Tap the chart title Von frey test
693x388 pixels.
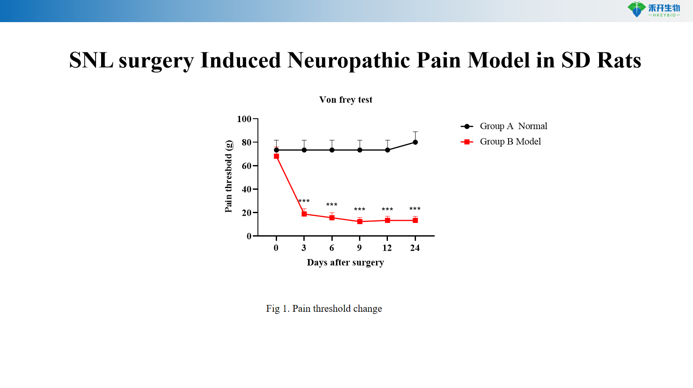click(x=345, y=100)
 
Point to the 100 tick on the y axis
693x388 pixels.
click(x=244, y=119)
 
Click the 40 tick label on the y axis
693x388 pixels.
click(x=246, y=189)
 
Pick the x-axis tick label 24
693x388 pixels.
click(x=415, y=248)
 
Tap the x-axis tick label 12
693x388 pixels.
click(x=387, y=248)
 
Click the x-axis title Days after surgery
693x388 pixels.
click(x=345, y=262)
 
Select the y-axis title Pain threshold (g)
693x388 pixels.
click(x=229, y=176)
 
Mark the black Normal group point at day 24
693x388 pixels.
click(x=415, y=142)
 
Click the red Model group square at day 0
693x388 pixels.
click(x=277, y=156)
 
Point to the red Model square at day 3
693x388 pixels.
click(x=304, y=214)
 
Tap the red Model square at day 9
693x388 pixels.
click(x=360, y=221)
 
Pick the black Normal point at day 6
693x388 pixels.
click(x=332, y=150)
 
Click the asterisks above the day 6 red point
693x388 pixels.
click(x=332, y=205)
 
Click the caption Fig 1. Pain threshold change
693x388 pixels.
click(x=324, y=308)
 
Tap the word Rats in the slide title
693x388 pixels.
click(x=619, y=60)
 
